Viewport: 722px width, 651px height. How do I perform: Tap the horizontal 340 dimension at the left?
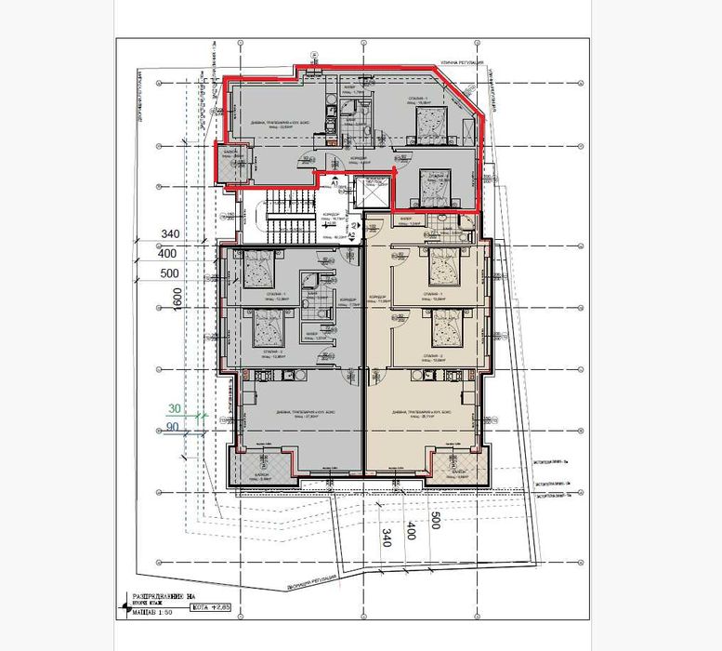tap(171, 233)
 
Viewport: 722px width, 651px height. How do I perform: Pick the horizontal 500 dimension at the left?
tap(171, 273)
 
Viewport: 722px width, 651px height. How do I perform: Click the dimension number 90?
tap(173, 428)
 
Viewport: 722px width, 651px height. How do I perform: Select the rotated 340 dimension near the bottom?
tap(387, 537)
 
